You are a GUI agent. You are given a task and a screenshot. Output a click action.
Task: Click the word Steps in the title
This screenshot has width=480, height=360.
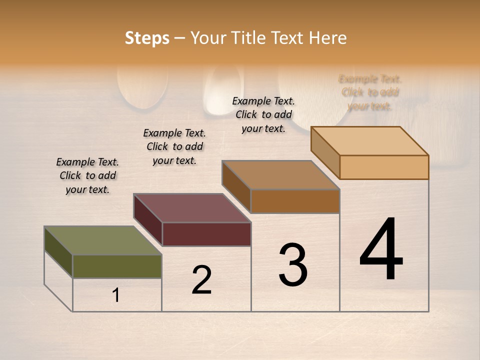point(147,38)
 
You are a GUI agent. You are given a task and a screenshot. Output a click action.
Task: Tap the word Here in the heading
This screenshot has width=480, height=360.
point(327,38)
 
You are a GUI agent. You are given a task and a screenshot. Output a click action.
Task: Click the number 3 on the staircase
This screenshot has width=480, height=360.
point(293,265)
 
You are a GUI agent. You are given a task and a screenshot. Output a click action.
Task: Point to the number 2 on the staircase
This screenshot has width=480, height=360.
point(201,280)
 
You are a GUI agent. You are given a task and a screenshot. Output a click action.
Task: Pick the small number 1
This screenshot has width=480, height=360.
point(116,295)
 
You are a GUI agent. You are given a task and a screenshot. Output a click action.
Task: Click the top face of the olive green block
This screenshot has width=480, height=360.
point(103,240)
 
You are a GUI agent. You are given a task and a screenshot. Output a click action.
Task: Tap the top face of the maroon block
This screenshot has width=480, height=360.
point(192,208)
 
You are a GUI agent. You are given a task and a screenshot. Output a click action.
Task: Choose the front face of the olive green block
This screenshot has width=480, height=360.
point(117,266)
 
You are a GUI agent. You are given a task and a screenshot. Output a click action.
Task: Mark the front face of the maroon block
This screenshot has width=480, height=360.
point(206,234)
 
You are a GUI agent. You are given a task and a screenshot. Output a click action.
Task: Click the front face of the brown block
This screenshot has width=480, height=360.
point(295,201)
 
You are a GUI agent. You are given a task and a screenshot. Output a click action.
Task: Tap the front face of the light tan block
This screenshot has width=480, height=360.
point(384,167)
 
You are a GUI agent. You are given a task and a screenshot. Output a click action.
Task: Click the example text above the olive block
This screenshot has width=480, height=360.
point(87,175)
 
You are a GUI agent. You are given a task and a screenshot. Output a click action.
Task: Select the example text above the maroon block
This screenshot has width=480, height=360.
point(174,146)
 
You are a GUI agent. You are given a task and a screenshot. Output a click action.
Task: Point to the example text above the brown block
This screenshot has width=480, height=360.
point(263,114)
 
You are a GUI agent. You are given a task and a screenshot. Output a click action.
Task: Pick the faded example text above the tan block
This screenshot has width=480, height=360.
point(370,92)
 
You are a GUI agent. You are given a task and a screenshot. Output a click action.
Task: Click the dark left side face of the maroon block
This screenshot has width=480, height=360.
point(148,220)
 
